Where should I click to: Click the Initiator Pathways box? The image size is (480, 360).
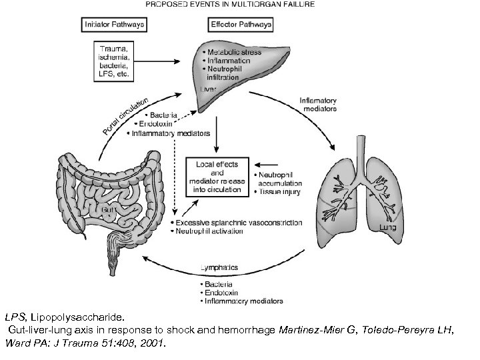[114, 25]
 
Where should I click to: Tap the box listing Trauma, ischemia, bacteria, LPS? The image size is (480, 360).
[115, 62]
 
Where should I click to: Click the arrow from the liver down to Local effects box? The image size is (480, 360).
[215, 137]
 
